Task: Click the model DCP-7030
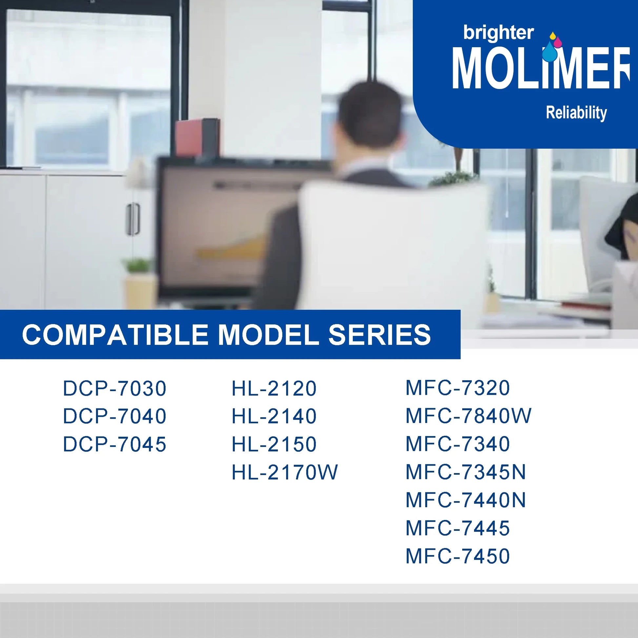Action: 115,389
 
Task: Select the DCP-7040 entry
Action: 115,416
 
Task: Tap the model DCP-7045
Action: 115,444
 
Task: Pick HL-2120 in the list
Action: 274,389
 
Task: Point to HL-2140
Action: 274,416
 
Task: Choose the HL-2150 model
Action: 274,444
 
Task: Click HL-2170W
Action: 285,472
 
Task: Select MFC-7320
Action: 458,388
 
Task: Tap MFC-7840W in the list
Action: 469,416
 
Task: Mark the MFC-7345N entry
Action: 466,472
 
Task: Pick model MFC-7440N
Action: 466,500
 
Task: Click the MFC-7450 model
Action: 458,556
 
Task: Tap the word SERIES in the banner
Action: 379,334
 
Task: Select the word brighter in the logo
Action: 498,34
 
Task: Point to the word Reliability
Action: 576,112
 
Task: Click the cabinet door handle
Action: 133,219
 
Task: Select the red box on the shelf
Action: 197,137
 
